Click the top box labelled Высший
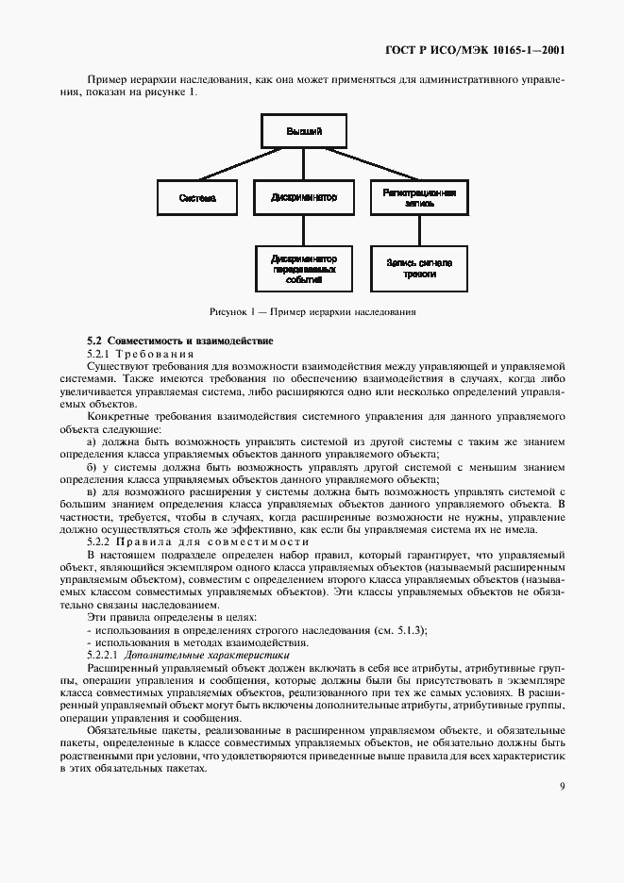(303, 131)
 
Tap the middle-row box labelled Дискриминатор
(303, 198)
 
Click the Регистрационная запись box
(419, 198)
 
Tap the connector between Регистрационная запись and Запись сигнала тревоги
(419, 231)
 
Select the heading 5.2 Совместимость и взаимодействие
(179, 340)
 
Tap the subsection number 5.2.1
(100, 352)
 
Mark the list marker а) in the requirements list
(92, 441)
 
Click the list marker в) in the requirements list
(92, 491)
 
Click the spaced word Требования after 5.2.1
(156, 352)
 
